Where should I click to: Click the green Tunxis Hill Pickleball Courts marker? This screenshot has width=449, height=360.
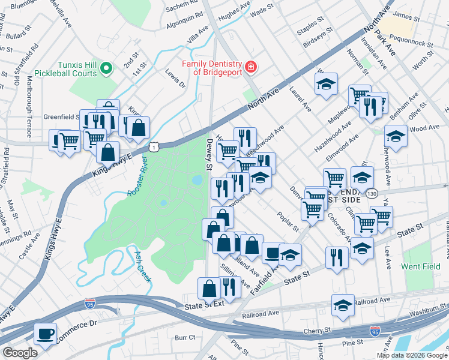click(107, 69)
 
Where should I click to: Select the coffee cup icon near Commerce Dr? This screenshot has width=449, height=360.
click(45, 333)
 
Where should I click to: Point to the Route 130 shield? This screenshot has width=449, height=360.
click(372, 194)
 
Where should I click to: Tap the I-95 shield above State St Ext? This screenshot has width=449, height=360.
click(89, 304)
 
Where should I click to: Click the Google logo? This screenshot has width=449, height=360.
click(20, 353)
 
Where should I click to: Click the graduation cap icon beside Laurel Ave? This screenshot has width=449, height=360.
click(326, 84)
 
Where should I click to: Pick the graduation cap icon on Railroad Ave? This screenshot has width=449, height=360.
click(343, 304)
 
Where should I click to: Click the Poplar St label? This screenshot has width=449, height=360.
click(288, 221)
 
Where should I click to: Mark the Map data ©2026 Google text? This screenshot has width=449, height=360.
click(411, 355)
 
